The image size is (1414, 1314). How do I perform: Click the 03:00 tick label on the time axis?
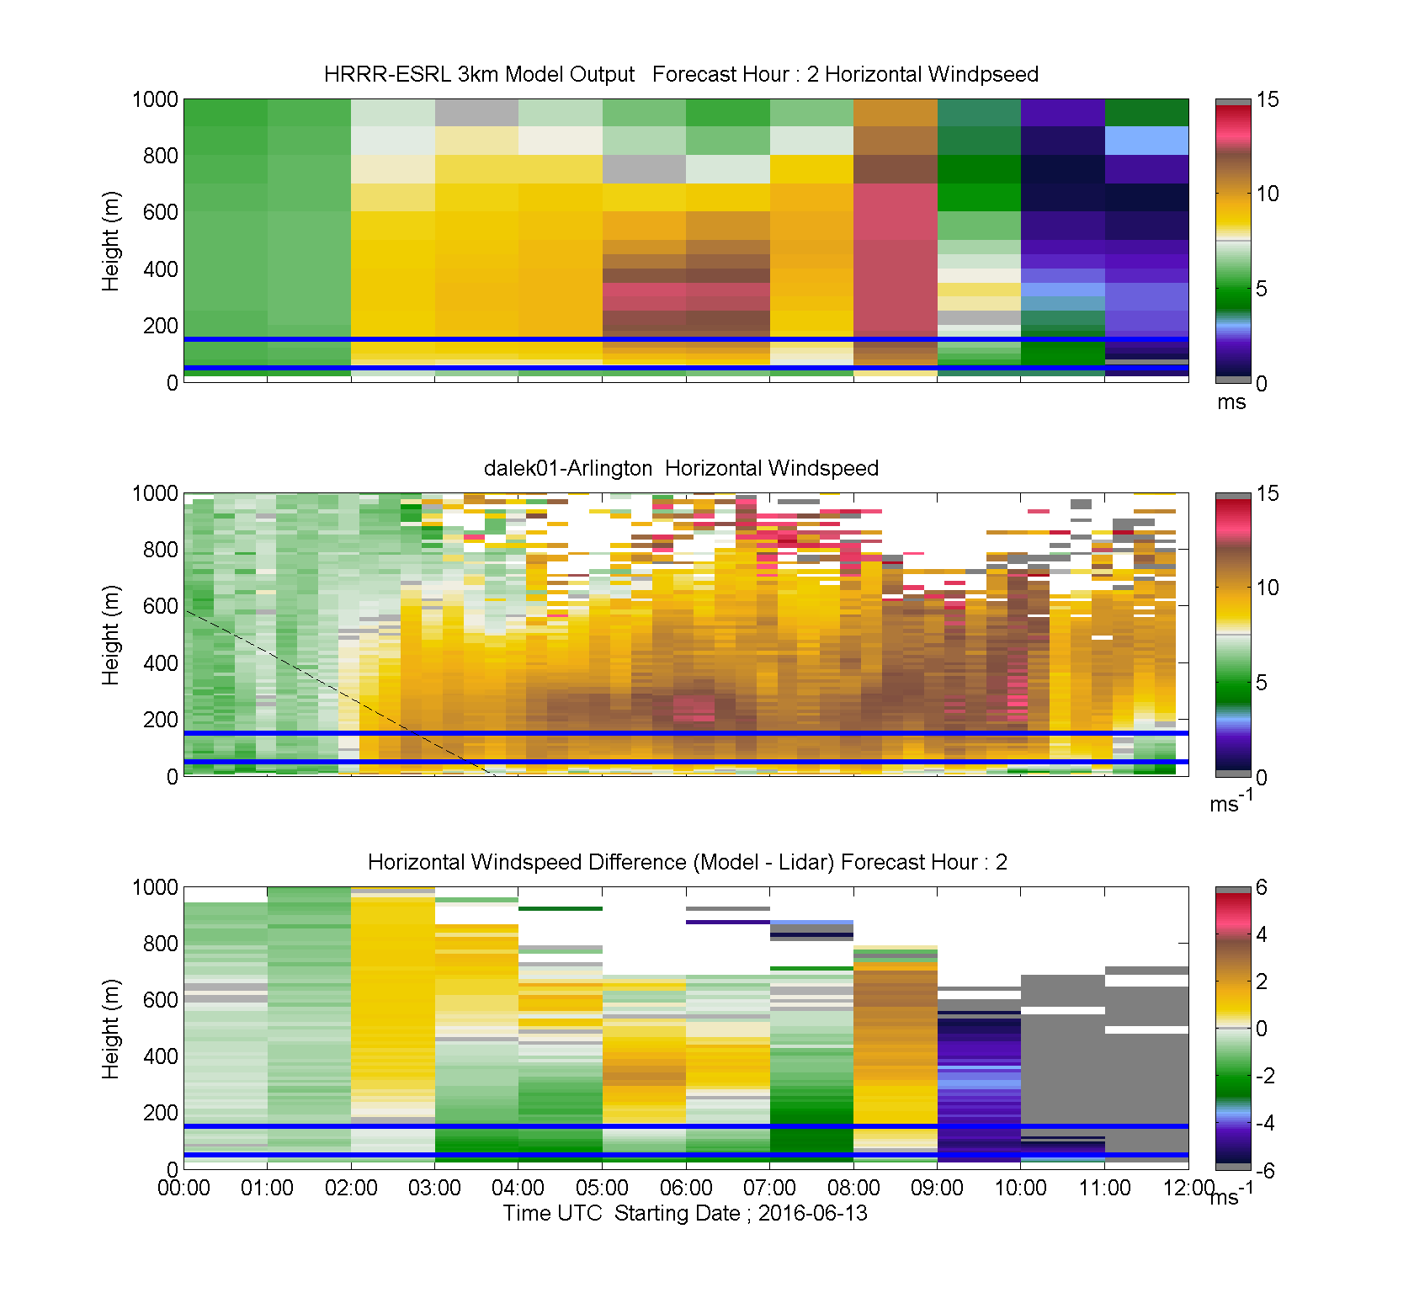click(434, 1188)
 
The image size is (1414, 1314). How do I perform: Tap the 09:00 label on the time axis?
click(937, 1188)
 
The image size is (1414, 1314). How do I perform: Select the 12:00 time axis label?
click(1188, 1188)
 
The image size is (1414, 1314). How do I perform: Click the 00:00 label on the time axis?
click(183, 1188)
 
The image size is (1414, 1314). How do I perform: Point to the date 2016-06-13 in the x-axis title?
click(812, 1213)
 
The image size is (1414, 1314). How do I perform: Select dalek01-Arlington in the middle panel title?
click(568, 468)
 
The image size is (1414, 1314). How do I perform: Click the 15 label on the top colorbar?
click(1267, 99)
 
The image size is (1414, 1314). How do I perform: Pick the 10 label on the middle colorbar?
click(1267, 588)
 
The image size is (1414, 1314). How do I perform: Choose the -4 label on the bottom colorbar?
click(1265, 1123)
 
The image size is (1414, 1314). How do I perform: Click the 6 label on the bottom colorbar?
click(1262, 887)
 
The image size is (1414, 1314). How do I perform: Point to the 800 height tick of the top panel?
click(161, 156)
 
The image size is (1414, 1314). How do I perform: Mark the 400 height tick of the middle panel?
click(161, 663)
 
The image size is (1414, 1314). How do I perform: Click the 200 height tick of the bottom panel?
click(161, 1113)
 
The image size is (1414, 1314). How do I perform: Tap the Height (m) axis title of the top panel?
click(110, 242)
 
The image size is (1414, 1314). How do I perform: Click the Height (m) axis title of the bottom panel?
click(110, 1029)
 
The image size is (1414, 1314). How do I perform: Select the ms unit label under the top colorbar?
click(1231, 402)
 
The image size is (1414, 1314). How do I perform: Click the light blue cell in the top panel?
click(1146, 141)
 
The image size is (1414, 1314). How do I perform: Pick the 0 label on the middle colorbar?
click(1262, 777)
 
